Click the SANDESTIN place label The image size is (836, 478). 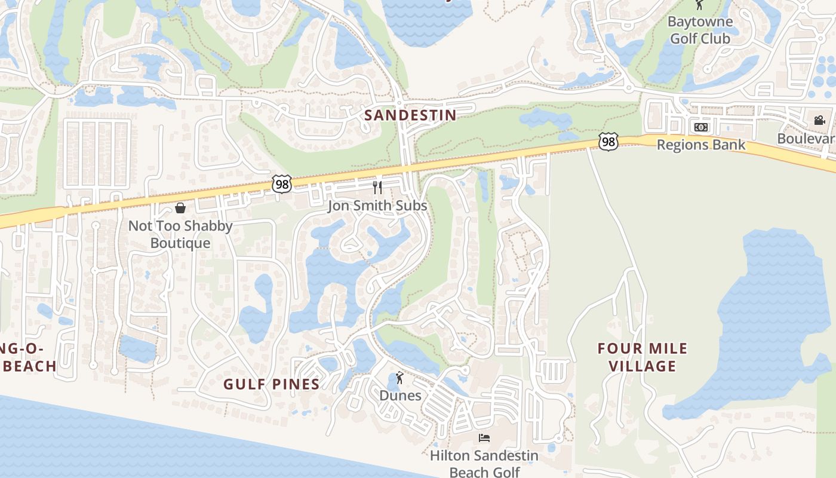(410, 115)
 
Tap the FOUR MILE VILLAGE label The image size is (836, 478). (643, 357)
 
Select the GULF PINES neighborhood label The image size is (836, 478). (272, 384)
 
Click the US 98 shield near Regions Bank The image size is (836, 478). (608, 142)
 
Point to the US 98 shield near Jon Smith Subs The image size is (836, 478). (281, 184)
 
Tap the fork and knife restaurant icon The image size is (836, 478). (377, 188)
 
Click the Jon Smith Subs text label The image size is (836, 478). (377, 206)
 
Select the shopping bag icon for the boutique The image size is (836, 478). (180, 208)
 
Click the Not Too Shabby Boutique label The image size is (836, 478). (180, 234)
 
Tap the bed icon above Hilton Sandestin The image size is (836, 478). (484, 438)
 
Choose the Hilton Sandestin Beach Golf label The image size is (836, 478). (484, 464)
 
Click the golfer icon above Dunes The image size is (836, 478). (399, 378)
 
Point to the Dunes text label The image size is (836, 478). (400, 396)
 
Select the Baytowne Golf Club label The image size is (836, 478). (700, 30)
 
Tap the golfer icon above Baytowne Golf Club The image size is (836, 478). (699, 5)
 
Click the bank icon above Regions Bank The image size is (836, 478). (700, 127)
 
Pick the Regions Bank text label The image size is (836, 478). (701, 145)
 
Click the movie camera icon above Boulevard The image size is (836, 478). (819, 120)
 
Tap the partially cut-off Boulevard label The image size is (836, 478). (806, 139)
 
